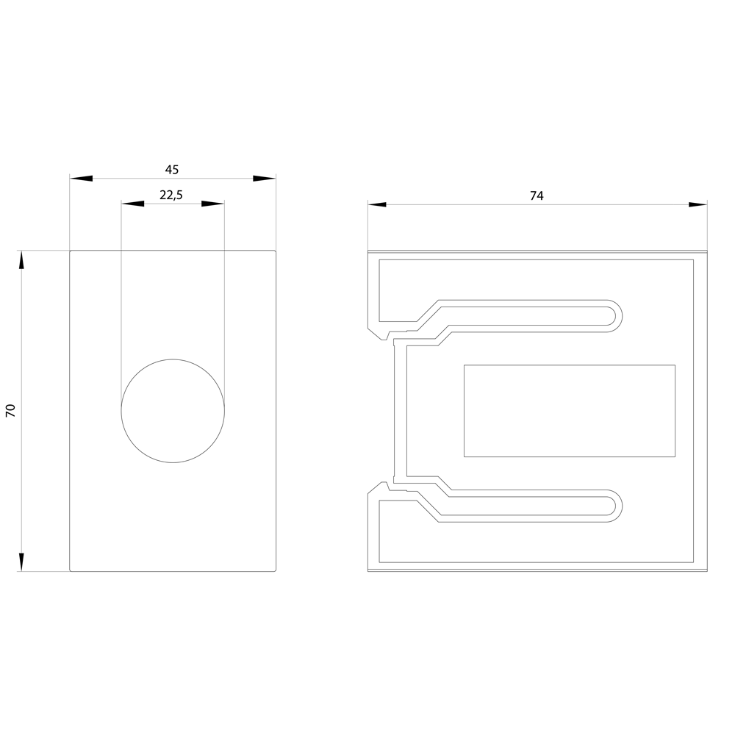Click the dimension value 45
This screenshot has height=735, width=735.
(172, 170)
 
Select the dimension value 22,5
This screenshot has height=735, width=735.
(171, 195)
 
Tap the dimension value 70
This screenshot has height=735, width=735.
(11, 410)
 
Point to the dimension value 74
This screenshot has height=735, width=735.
(537, 196)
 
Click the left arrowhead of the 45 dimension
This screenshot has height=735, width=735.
(81, 179)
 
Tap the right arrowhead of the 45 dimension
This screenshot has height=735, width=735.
(265, 179)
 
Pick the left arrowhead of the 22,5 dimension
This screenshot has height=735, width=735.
(132, 204)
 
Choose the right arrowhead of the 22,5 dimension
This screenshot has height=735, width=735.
(213, 204)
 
